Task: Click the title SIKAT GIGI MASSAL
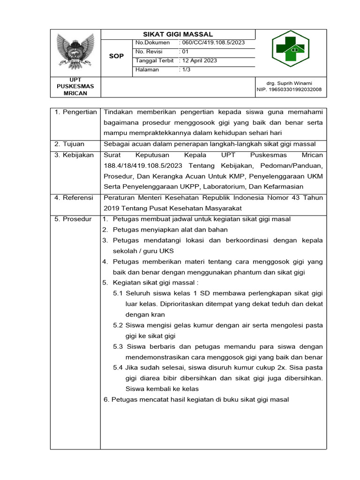coord(178,34)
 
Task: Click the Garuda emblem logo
coord(75,51)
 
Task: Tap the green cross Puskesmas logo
coord(290,49)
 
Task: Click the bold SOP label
coord(116,56)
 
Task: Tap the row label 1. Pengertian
coord(75,112)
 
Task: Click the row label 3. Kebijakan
coord(74,155)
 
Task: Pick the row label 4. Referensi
coord(74,198)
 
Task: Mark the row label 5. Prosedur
coord(73,219)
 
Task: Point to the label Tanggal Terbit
coord(154,60)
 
